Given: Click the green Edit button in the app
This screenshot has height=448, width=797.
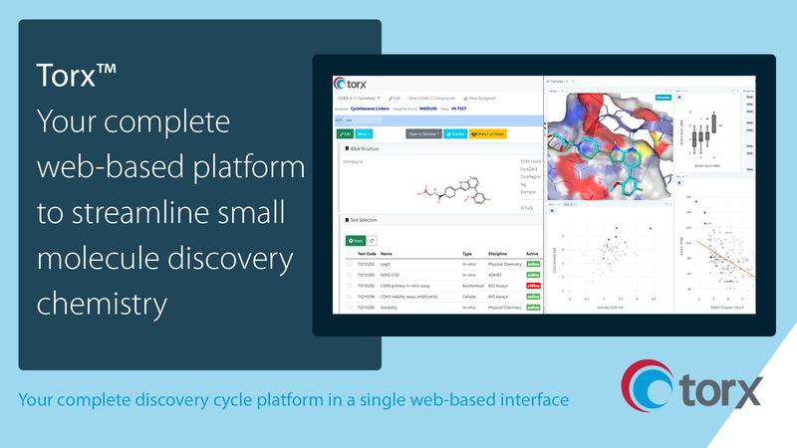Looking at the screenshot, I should click(x=345, y=132).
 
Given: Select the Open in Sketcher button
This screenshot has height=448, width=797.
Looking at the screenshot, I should click(x=425, y=132).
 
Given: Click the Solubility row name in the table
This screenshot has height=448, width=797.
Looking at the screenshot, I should click(x=390, y=308).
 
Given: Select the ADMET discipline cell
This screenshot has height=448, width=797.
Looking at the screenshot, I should click(x=496, y=275).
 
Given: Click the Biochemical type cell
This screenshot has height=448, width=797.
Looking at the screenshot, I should click(x=473, y=286).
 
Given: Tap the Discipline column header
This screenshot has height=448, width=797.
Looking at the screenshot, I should click(x=500, y=254).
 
